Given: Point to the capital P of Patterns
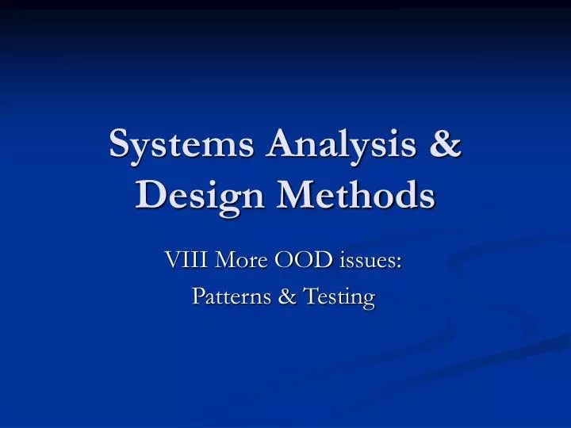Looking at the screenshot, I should (199, 296).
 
